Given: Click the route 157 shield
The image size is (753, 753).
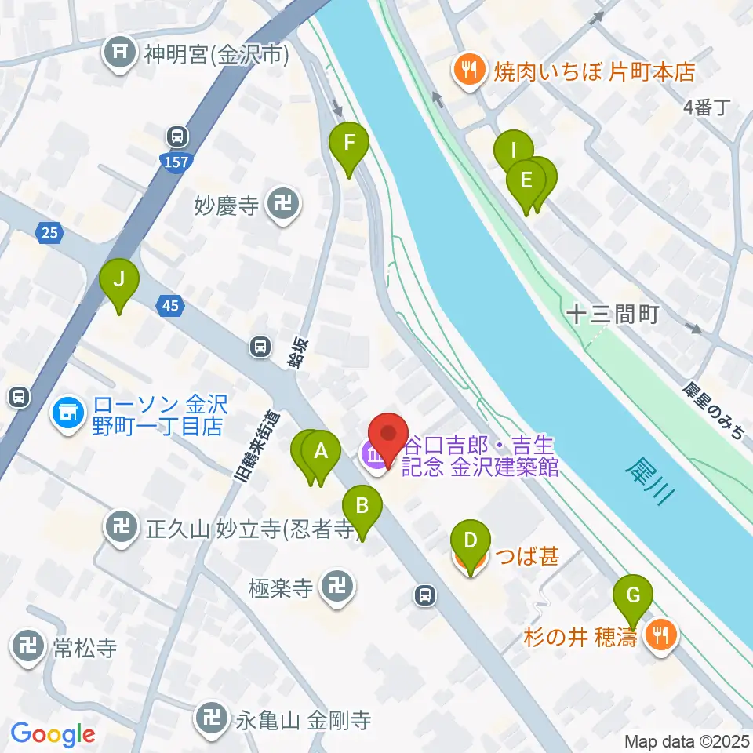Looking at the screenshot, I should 176,162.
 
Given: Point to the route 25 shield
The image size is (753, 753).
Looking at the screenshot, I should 49,231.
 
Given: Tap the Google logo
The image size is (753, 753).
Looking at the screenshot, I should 53,734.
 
